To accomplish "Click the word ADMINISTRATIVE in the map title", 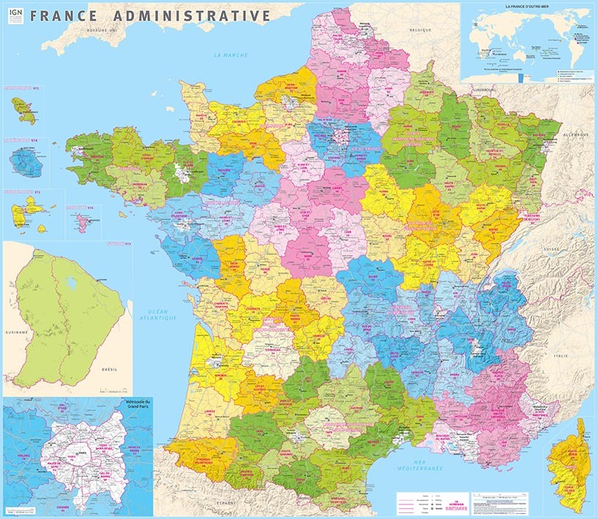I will (x=200, y=15).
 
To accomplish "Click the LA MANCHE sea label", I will (x=231, y=56).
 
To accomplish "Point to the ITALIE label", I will (x=560, y=355).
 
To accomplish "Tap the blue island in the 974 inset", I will (x=28, y=158).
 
